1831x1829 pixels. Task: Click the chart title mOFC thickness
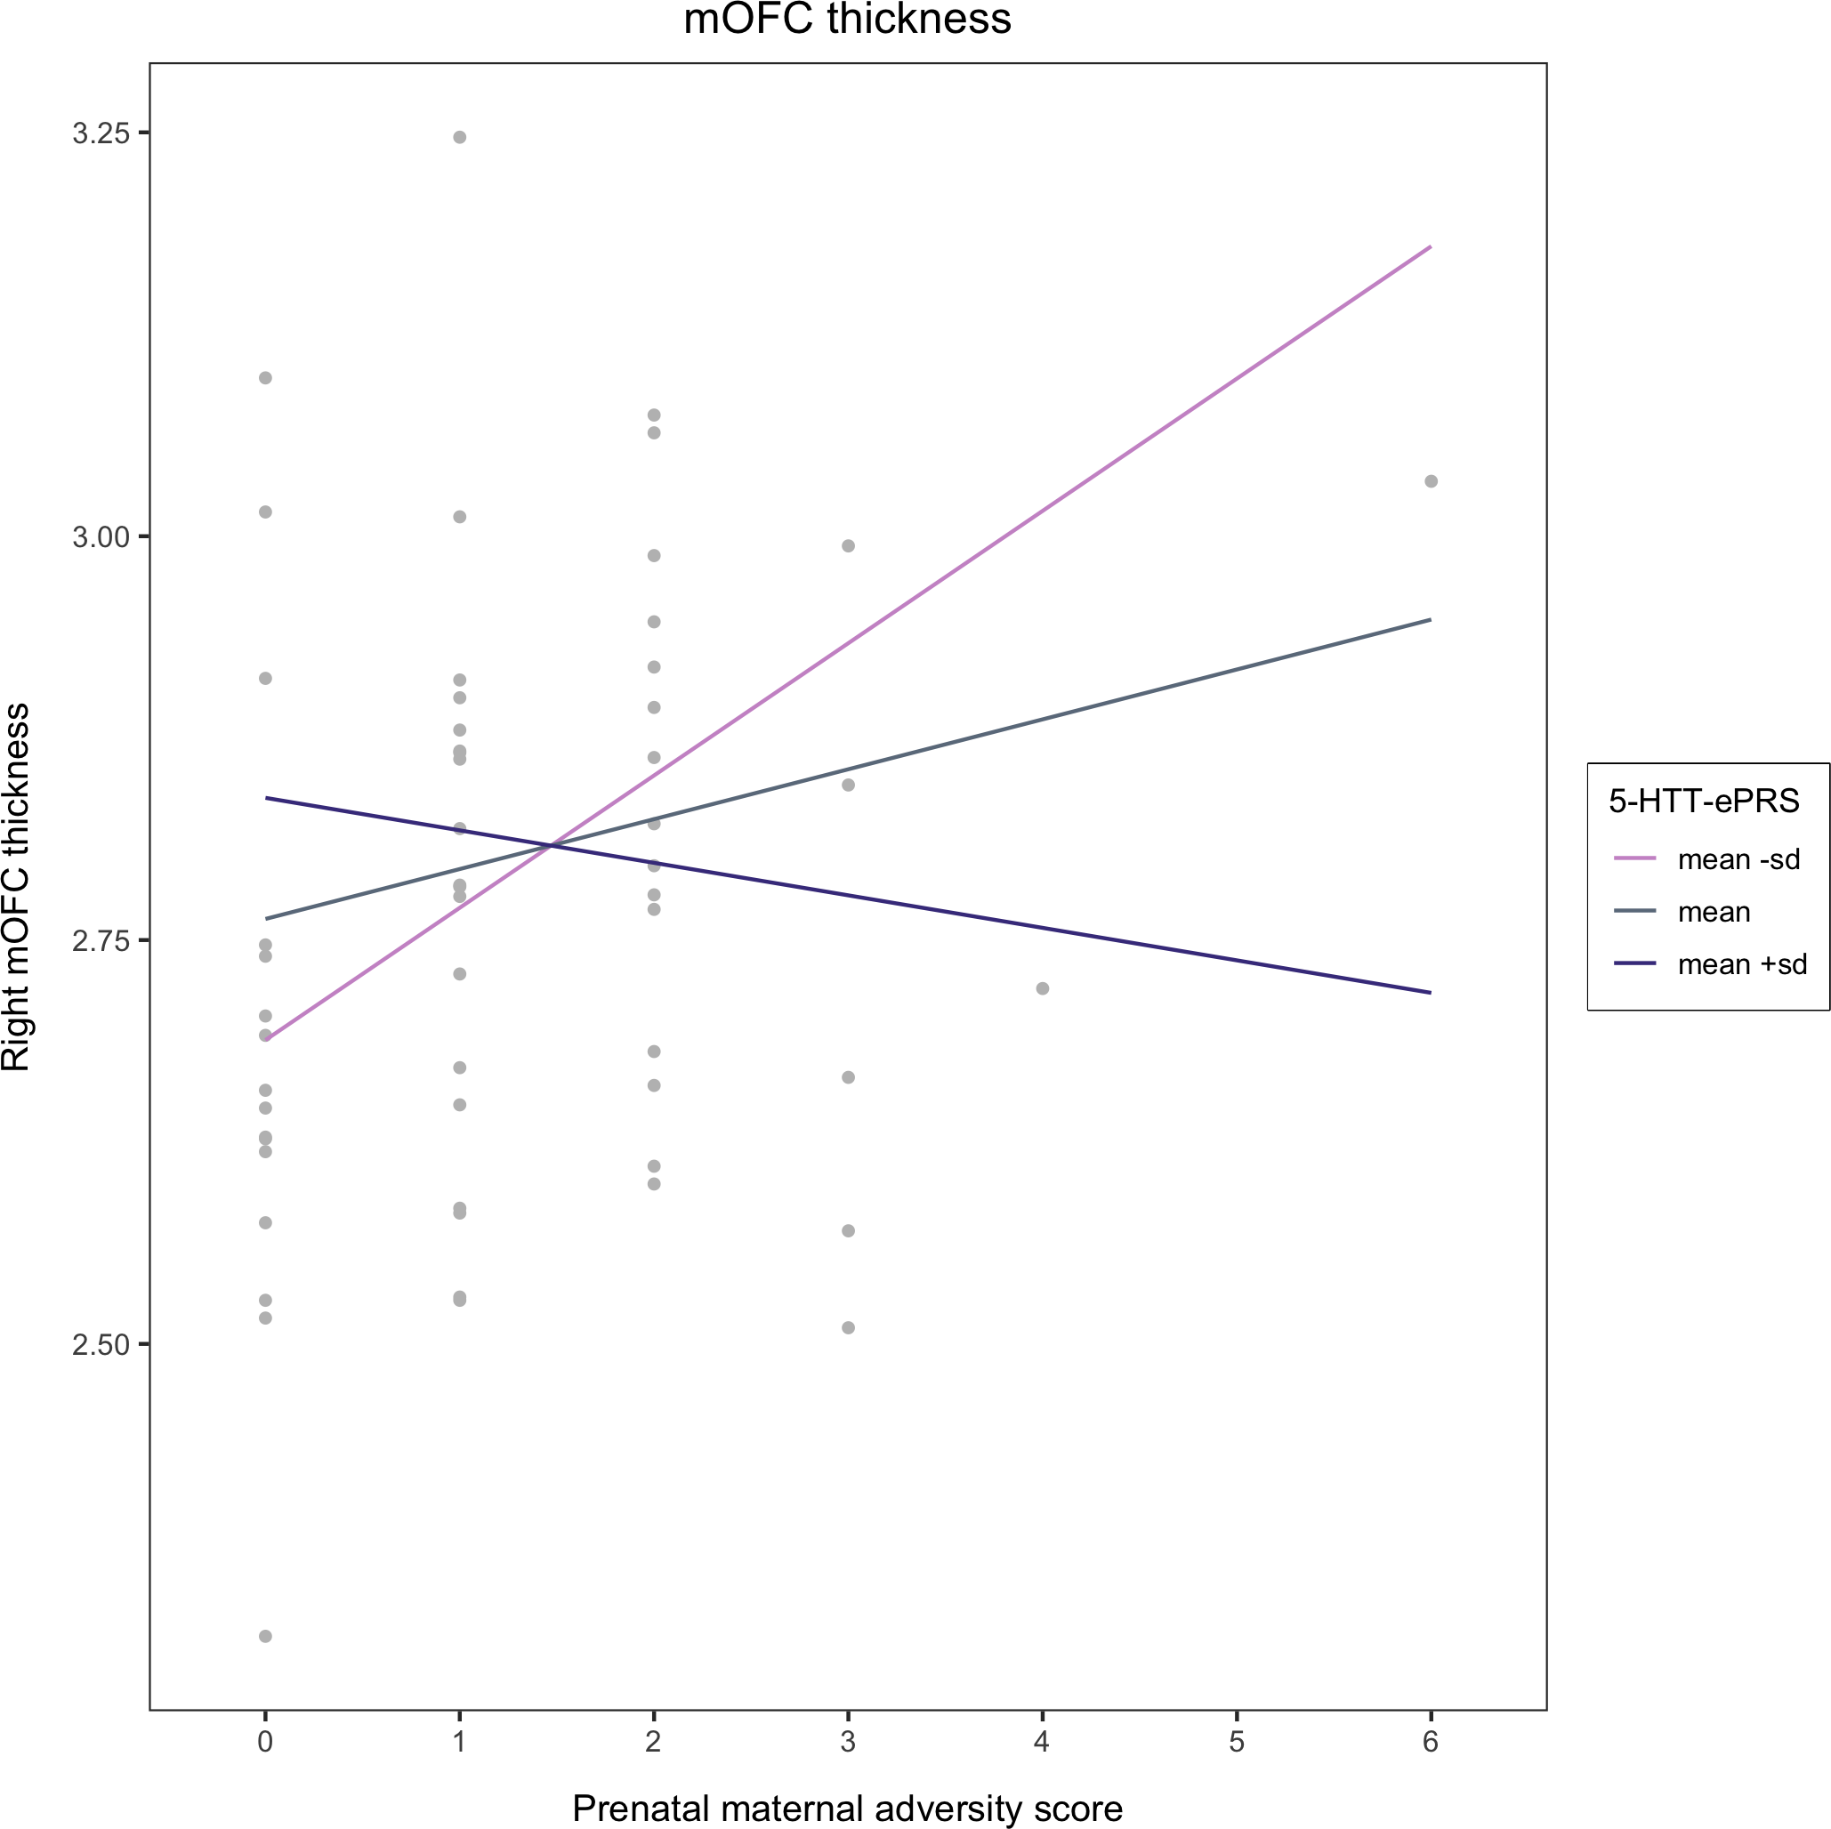[847, 19]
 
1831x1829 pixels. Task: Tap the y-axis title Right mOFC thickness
[17, 888]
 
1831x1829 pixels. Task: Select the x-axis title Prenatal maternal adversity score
[847, 1809]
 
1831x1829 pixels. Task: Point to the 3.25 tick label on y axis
[101, 133]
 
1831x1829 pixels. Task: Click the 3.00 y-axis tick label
[101, 537]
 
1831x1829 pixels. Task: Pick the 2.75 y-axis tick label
[101, 941]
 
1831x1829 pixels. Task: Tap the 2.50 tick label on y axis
[101, 1345]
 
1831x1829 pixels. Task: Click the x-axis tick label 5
[1237, 1742]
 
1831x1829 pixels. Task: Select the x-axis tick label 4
[1043, 1742]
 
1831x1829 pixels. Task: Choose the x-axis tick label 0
[265, 1742]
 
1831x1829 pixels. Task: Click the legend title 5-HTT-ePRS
[1704, 802]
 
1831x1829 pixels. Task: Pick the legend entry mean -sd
[1738, 859]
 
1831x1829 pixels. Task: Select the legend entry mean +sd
[1742, 964]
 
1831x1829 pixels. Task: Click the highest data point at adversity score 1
[460, 137]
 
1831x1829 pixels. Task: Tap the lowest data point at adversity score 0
[265, 1637]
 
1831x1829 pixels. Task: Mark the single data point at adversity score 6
[1431, 481]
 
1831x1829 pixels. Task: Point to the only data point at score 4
[1043, 988]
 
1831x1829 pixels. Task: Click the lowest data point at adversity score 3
[848, 1327]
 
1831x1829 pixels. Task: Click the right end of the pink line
[1430, 246]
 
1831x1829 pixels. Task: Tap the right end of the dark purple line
[1430, 992]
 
